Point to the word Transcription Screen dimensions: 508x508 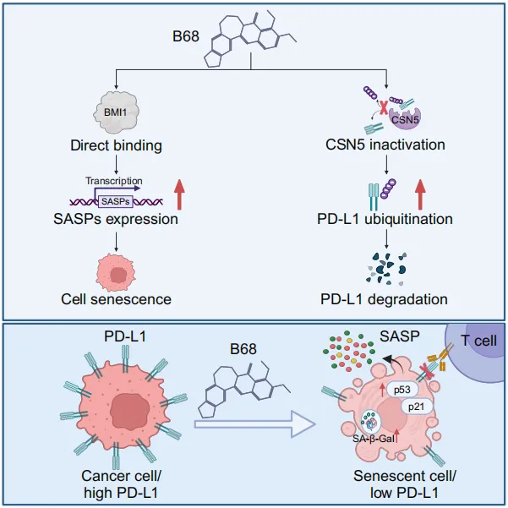click(x=114, y=181)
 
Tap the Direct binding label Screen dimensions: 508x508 click(x=116, y=145)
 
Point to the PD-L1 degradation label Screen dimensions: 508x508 click(x=385, y=298)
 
